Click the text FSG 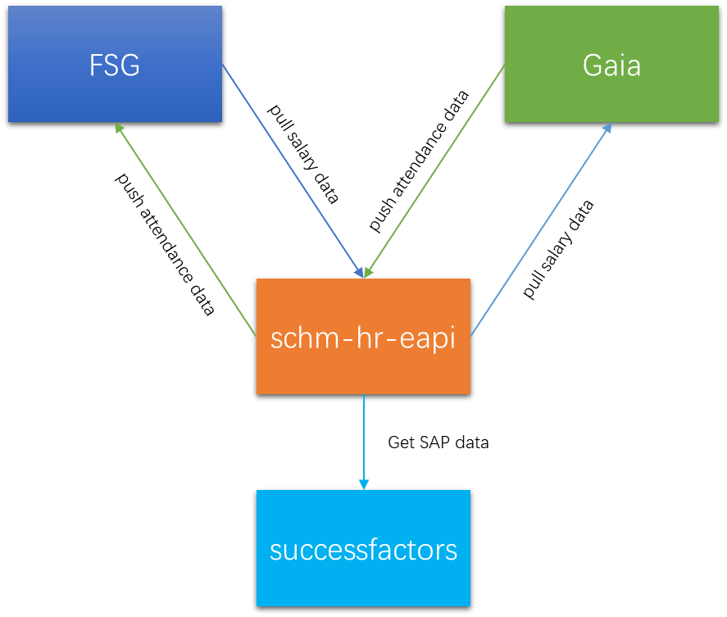(115, 66)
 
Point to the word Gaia (611, 66)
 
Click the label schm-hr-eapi (363, 338)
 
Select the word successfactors (363, 549)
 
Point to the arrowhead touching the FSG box (120, 129)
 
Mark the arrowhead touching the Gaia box (607, 129)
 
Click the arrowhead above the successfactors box (363, 484)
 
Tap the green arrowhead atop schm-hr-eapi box (369, 271)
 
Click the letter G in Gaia (591, 66)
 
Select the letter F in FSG (96, 66)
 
